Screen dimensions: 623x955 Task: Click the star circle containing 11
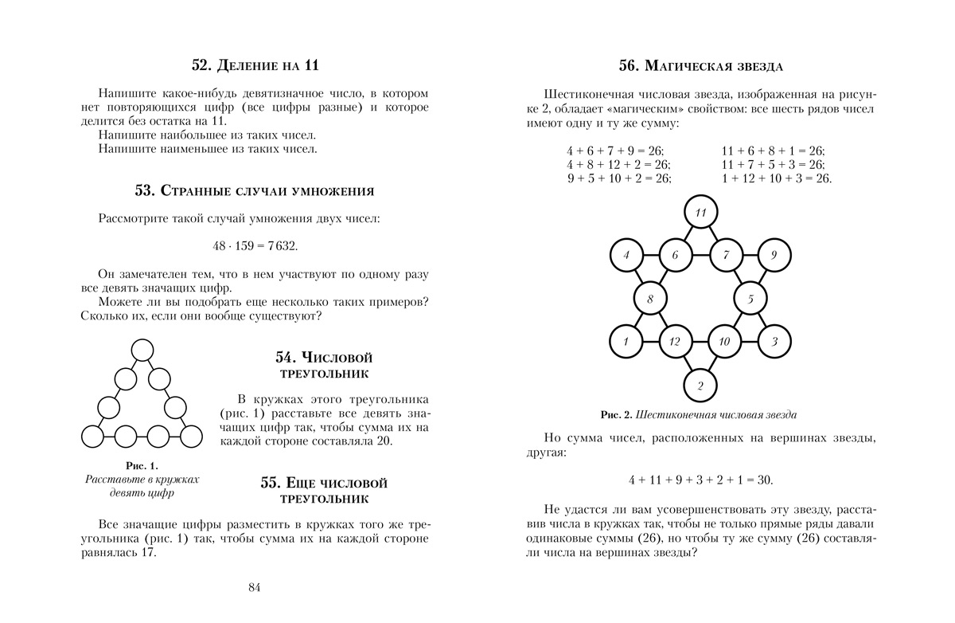click(x=701, y=213)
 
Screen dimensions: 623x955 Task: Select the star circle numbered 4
click(x=626, y=256)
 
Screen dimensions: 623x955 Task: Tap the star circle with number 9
click(x=773, y=256)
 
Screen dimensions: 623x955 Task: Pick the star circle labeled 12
click(x=675, y=342)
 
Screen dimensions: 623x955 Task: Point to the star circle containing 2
click(x=700, y=386)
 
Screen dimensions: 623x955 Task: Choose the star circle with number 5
click(x=750, y=299)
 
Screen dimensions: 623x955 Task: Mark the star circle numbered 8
click(x=650, y=300)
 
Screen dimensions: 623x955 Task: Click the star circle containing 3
click(x=774, y=342)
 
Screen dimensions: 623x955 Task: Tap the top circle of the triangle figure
click(x=142, y=351)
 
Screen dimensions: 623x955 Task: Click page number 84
click(x=255, y=588)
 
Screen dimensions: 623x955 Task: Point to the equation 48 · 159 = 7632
click(x=255, y=245)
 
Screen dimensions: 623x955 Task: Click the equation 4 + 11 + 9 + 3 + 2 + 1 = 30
click(x=700, y=480)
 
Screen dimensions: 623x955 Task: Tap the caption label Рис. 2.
click(x=616, y=414)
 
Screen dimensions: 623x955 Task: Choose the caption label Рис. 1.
click(x=142, y=465)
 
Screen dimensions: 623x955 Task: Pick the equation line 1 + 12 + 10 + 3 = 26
click(x=776, y=178)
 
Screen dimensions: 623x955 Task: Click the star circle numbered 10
click(x=724, y=342)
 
